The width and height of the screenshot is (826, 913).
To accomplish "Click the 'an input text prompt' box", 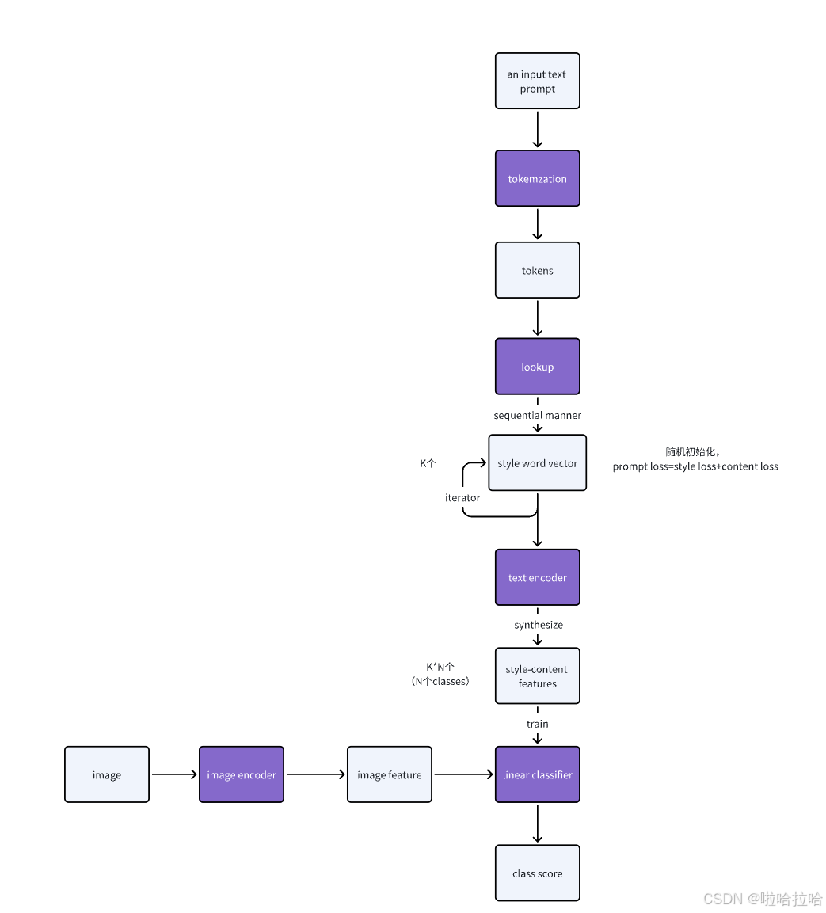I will click(537, 81).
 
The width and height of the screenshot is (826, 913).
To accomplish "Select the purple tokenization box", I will click(537, 178).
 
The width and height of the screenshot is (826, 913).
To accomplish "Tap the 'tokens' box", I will click(537, 270).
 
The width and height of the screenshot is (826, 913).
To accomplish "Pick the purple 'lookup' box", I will click(537, 367).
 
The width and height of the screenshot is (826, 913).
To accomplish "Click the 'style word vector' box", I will click(537, 462).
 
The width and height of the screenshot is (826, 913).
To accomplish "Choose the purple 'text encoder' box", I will click(537, 577).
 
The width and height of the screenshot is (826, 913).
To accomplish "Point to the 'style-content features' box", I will click(537, 675).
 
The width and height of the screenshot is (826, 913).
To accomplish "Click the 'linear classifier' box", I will click(537, 774).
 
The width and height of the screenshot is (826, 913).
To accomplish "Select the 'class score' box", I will click(537, 873).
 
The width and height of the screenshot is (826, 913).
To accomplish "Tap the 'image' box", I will click(106, 774).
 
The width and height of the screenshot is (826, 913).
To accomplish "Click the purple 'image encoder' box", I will click(241, 774).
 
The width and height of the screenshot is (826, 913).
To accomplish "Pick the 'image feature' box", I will click(389, 774).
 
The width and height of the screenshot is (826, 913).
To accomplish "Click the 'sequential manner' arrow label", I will click(537, 415).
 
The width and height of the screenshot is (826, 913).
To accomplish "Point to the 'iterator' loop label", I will click(462, 497).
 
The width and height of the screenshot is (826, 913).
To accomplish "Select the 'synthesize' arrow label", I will click(538, 625).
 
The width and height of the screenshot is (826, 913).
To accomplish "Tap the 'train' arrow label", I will click(537, 724).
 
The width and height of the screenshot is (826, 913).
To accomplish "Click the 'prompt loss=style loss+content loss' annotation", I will click(695, 466).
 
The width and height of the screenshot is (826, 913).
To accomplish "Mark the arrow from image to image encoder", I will click(173, 774).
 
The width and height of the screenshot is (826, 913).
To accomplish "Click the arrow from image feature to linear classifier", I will click(463, 774).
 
